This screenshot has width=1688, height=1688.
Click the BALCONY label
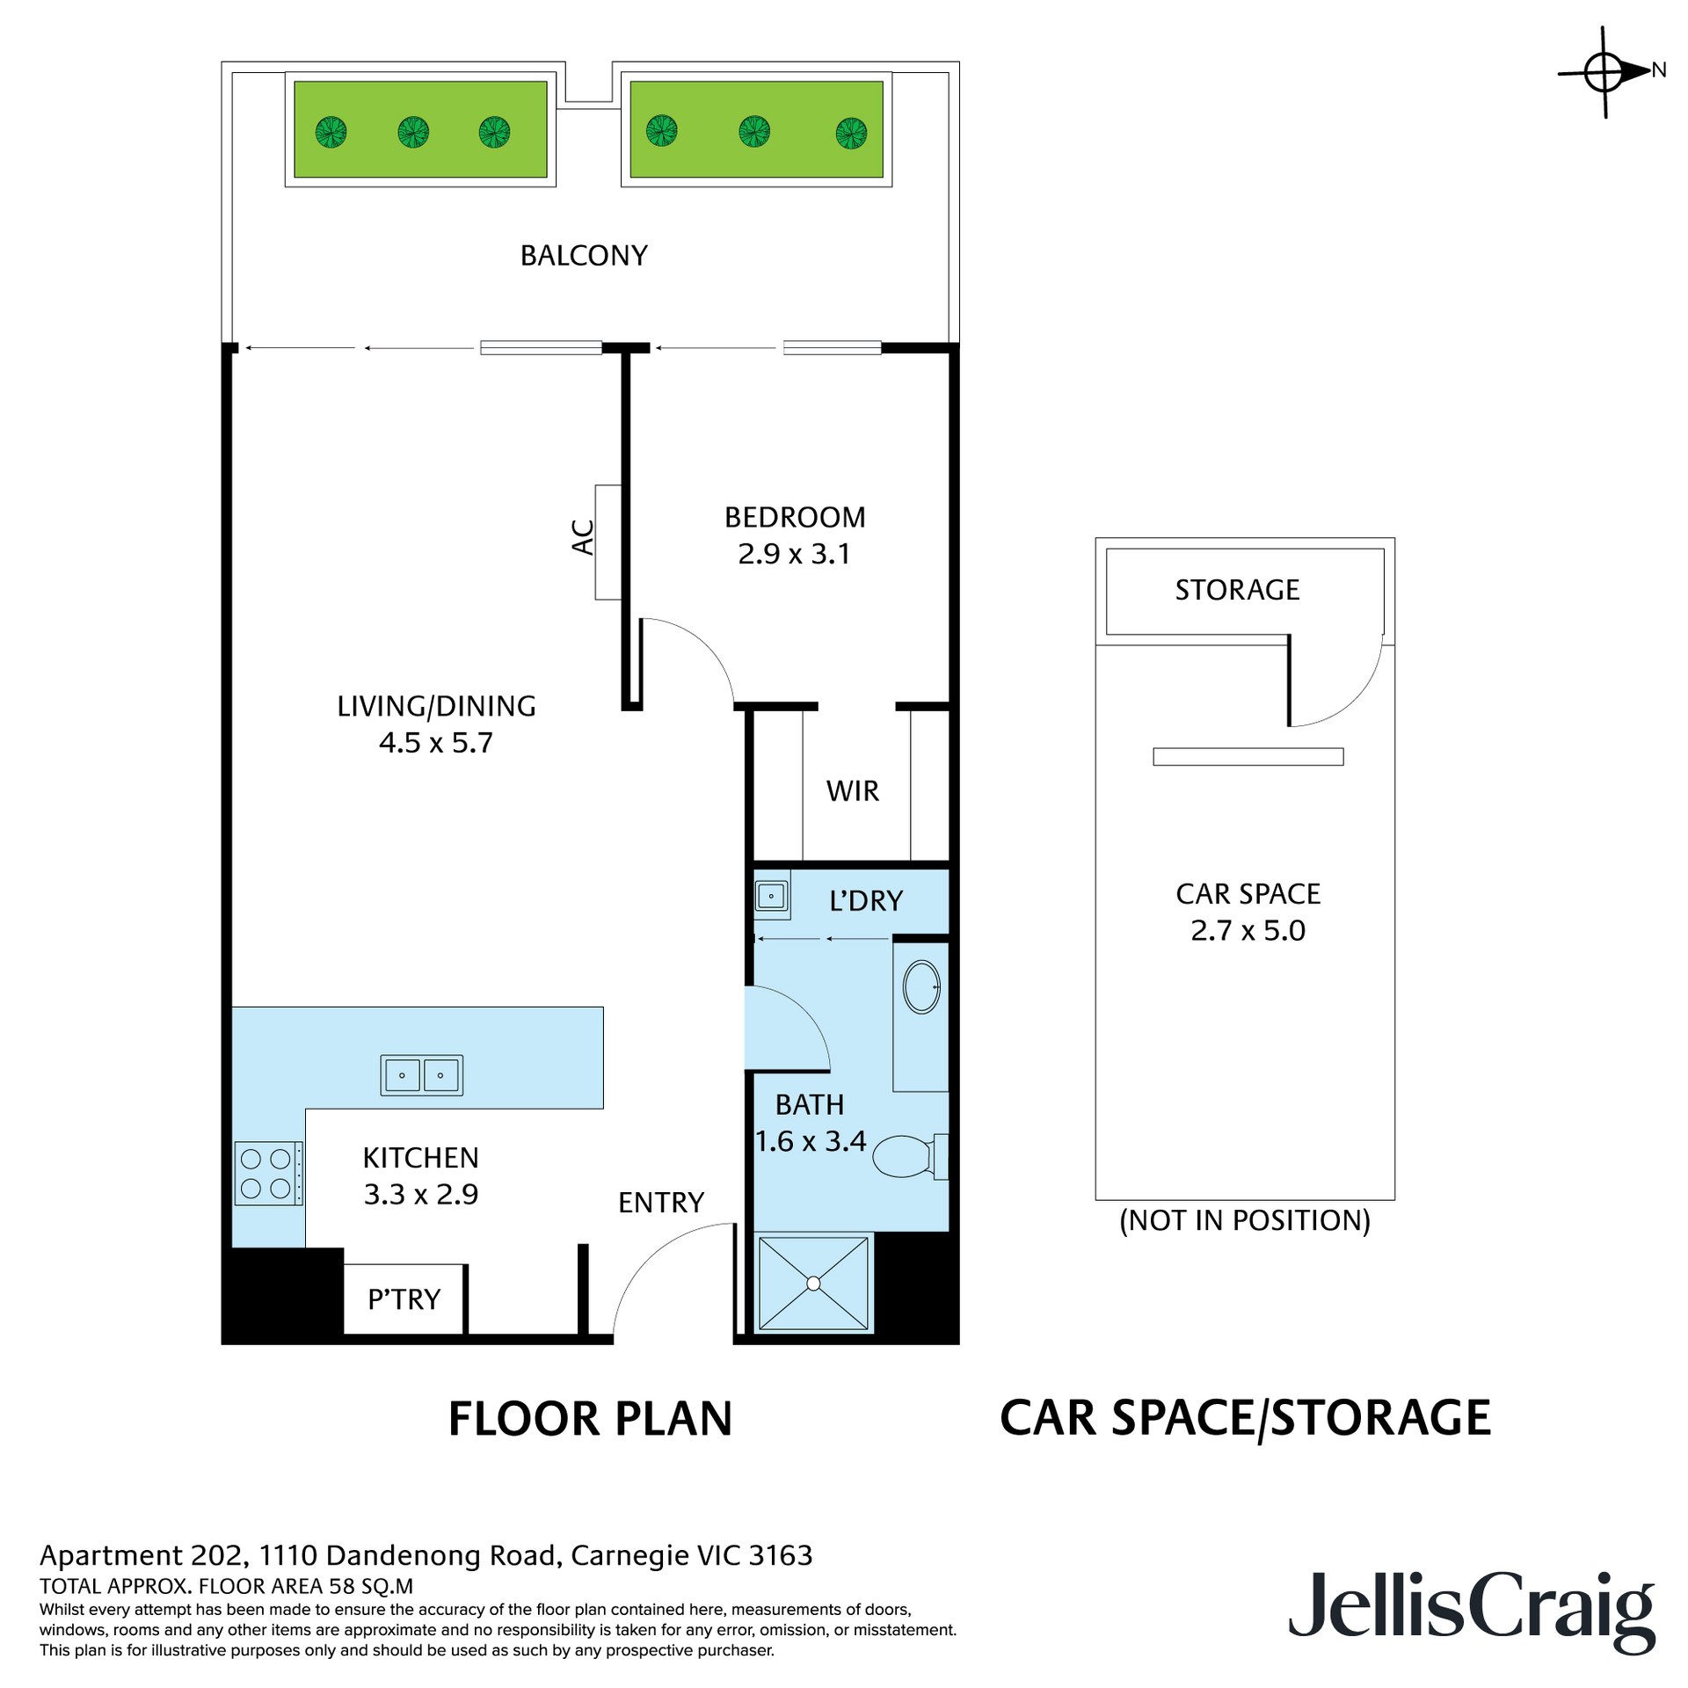point(584,256)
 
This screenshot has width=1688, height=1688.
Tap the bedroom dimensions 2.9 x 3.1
point(794,554)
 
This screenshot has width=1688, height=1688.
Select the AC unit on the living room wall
point(608,542)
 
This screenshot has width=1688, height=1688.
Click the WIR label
point(852,791)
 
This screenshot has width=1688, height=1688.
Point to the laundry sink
point(772,896)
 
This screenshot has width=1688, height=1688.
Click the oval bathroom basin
point(921,986)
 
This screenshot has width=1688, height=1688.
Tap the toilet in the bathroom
point(911,1156)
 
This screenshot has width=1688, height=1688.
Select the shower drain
point(813,1284)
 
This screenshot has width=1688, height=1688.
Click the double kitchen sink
point(421,1074)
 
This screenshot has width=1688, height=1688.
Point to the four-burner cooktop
point(268,1174)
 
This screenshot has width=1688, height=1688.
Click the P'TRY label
point(404,1299)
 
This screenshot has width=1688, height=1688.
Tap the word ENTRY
point(661,1203)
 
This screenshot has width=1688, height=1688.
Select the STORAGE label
point(1237,590)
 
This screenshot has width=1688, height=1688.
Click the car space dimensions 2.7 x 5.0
point(1248,931)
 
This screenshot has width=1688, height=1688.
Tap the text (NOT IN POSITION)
point(1244,1221)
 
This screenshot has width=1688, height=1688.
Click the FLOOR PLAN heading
point(590,1419)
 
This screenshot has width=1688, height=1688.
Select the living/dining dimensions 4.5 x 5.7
point(435,743)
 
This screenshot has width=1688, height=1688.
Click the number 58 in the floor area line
point(342,1586)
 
